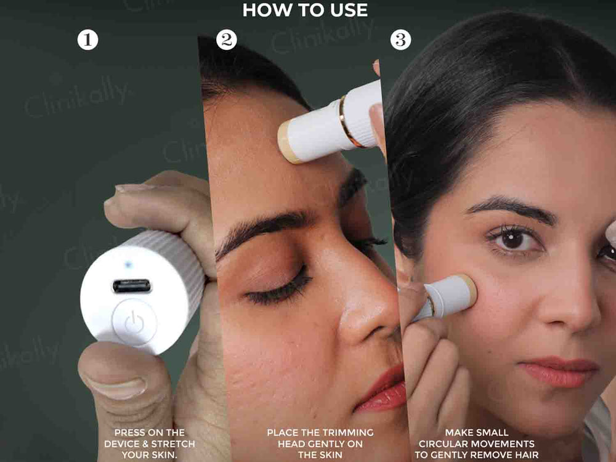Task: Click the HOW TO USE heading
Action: (x=305, y=10)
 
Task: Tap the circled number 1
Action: (x=87, y=39)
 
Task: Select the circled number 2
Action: (x=226, y=39)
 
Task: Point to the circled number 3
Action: (x=400, y=39)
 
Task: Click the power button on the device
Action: (x=134, y=322)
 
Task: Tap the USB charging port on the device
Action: (x=132, y=286)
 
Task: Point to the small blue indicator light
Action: (x=128, y=264)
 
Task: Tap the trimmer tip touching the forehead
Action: (x=289, y=142)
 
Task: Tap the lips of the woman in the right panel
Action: (x=559, y=371)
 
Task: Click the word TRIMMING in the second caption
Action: (x=349, y=432)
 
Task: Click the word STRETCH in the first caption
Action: (x=173, y=444)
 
